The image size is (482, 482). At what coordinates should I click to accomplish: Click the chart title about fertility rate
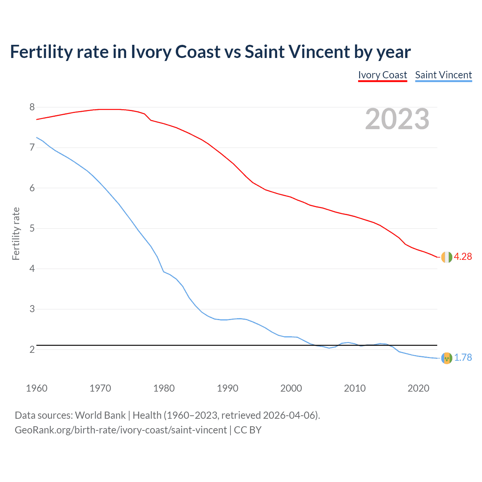point(210,52)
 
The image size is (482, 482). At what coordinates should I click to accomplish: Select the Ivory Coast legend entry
point(383,75)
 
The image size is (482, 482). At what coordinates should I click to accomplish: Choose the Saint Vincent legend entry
point(443,75)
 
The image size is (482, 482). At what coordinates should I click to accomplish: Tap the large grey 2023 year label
point(397,119)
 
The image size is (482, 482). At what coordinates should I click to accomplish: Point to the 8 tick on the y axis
point(32,107)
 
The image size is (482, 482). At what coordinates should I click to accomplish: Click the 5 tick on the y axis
point(32,228)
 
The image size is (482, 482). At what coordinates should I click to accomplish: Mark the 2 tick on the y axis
point(32,349)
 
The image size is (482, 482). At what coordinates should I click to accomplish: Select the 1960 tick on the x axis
point(37,388)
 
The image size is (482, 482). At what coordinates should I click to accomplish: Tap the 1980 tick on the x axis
point(164,388)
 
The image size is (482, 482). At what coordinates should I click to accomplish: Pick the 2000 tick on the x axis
point(291,388)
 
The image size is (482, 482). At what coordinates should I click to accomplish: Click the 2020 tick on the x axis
point(418,388)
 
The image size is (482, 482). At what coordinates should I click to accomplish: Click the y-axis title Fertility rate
point(16,233)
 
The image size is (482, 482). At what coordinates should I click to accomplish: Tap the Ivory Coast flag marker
point(447,257)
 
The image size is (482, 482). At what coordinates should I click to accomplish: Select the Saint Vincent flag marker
point(447,358)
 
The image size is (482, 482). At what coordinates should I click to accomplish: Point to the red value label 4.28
point(463,257)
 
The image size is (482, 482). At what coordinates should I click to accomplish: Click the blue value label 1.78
point(463,358)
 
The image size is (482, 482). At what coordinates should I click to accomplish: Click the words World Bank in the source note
point(100,415)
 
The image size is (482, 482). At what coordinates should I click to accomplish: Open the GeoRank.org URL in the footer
point(120,430)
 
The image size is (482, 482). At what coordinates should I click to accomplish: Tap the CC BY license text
point(248,430)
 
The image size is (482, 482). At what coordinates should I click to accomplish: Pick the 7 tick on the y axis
point(32,148)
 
